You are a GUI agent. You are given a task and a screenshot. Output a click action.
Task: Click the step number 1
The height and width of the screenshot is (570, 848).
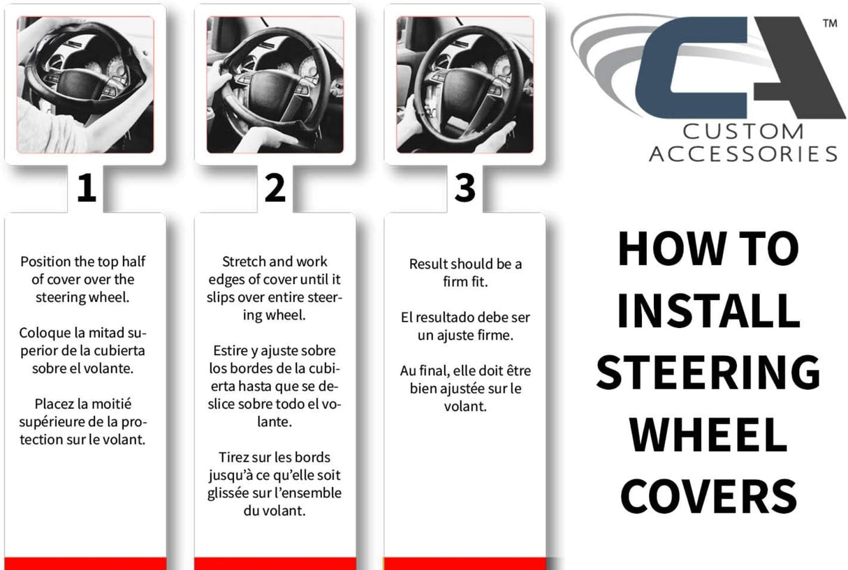[87, 188]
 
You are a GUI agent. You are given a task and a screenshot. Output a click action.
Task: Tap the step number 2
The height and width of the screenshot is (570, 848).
[275, 188]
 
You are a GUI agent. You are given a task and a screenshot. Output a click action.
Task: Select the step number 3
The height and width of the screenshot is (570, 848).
[465, 188]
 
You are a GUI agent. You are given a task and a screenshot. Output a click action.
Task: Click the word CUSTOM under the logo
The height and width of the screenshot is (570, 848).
[743, 132]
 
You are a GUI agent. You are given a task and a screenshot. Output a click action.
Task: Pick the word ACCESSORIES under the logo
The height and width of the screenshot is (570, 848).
[743, 154]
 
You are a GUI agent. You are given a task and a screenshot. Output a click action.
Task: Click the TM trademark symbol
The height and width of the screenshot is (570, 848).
[830, 24]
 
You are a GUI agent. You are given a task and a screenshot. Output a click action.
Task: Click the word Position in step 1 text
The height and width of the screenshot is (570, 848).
[45, 262]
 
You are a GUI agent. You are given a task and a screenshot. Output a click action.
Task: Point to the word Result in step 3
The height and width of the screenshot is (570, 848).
[428, 264]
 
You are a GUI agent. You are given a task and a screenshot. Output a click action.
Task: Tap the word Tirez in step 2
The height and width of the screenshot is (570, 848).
[232, 457]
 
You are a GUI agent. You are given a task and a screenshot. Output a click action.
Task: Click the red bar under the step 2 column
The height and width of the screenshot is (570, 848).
[275, 564]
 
